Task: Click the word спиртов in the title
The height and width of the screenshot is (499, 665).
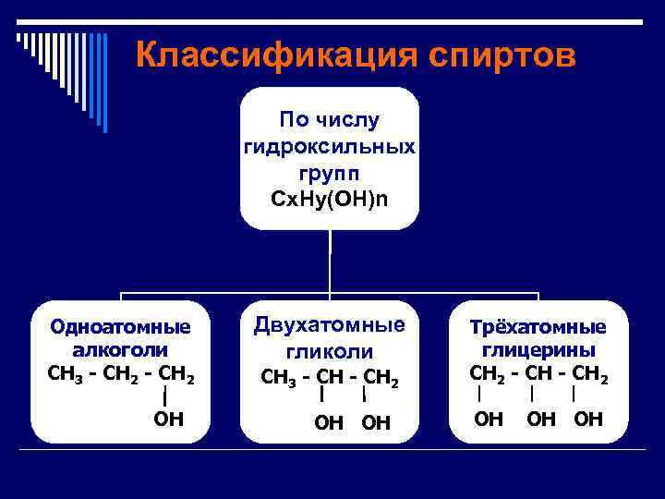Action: pyautogui.click(x=502, y=55)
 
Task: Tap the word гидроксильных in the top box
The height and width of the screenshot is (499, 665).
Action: pyautogui.click(x=330, y=147)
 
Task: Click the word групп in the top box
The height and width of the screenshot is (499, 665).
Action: pyautogui.click(x=330, y=173)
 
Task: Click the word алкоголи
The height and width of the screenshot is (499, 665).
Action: pyautogui.click(x=120, y=350)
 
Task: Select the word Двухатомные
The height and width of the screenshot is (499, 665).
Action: pyautogui.click(x=330, y=325)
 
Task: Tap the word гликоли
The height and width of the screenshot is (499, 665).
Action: pyautogui.click(x=330, y=351)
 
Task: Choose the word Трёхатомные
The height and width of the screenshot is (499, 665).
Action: pyautogui.click(x=538, y=327)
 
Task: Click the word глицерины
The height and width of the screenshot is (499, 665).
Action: pyautogui.click(x=538, y=350)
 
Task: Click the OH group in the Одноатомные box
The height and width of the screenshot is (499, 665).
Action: pyautogui.click(x=168, y=420)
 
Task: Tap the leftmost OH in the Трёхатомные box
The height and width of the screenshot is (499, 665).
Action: pyautogui.click(x=488, y=420)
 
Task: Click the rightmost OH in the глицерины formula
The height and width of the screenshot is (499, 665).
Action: pyautogui.click(x=588, y=420)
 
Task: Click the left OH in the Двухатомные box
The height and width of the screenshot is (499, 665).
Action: pyautogui.click(x=328, y=422)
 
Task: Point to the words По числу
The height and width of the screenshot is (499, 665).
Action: pyautogui.click(x=330, y=121)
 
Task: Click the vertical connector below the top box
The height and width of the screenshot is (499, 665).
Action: pyautogui.click(x=330, y=262)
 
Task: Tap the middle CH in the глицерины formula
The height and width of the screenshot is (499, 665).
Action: pyautogui.click(x=538, y=374)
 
